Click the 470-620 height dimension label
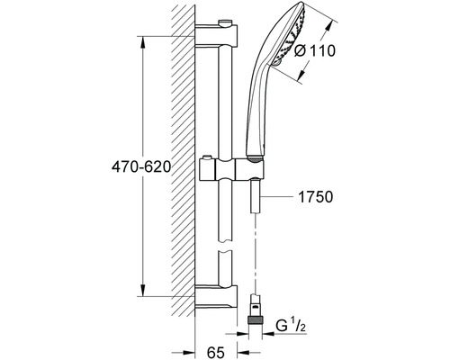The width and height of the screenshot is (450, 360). click(x=141, y=166)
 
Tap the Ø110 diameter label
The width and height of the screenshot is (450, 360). click(x=314, y=50)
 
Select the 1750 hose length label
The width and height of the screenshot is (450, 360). click(x=316, y=197)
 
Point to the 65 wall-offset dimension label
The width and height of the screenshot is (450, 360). click(x=216, y=352)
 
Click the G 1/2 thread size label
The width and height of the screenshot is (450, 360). click(x=291, y=326)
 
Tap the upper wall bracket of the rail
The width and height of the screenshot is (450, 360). click(x=216, y=36)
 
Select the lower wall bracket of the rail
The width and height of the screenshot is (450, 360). click(x=216, y=296)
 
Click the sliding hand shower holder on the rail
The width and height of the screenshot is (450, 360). click(x=231, y=168)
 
